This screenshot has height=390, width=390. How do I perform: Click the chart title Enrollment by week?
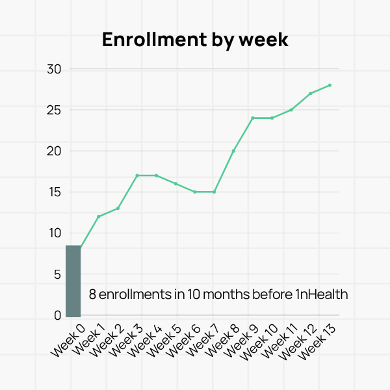(x=195, y=40)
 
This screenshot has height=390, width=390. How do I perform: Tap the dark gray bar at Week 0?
(x=73, y=281)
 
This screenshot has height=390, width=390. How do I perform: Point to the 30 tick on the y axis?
(x=54, y=69)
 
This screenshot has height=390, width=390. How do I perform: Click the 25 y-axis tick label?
(x=54, y=110)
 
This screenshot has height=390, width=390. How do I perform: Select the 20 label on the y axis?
(x=54, y=151)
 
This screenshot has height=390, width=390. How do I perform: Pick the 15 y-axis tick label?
(x=54, y=192)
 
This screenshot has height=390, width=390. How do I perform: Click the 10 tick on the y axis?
(x=54, y=233)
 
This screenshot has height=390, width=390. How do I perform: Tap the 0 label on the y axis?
(x=57, y=315)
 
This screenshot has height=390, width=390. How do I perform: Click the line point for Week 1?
(x=99, y=216)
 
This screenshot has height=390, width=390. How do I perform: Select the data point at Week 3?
(x=137, y=175)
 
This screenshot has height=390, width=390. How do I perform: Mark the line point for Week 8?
(x=233, y=151)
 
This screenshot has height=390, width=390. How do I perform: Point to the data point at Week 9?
(x=253, y=118)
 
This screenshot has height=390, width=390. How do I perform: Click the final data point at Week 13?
(x=330, y=85)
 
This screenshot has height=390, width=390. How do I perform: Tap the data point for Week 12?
(x=311, y=94)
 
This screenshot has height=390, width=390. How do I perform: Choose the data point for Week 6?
(x=195, y=192)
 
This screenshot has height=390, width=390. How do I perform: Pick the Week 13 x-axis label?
(x=318, y=341)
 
